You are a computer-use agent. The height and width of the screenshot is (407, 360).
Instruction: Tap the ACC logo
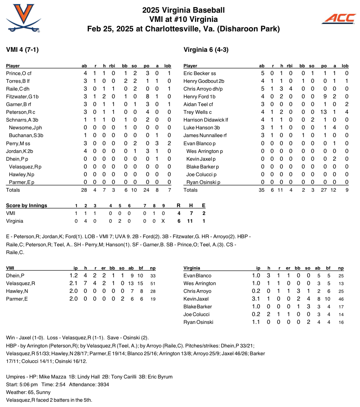(339, 19)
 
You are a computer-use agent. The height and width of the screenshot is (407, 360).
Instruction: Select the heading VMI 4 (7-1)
(22, 50)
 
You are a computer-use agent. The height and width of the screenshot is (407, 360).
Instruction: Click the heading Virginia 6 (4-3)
(206, 50)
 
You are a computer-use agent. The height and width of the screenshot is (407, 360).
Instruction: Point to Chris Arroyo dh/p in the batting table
(203, 89)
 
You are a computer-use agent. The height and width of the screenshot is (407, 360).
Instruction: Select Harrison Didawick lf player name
(206, 120)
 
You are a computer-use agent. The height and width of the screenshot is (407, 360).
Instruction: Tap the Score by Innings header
(26, 206)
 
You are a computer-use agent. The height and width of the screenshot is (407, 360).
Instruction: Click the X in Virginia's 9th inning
(163, 221)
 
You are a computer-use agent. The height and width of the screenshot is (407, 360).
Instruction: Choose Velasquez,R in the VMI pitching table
(20, 283)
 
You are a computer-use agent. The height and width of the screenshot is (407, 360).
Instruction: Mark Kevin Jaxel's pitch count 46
(341, 299)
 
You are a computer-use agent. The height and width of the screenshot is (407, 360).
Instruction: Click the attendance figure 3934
(102, 384)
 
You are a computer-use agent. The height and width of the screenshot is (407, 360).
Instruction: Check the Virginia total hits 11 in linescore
(191, 221)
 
